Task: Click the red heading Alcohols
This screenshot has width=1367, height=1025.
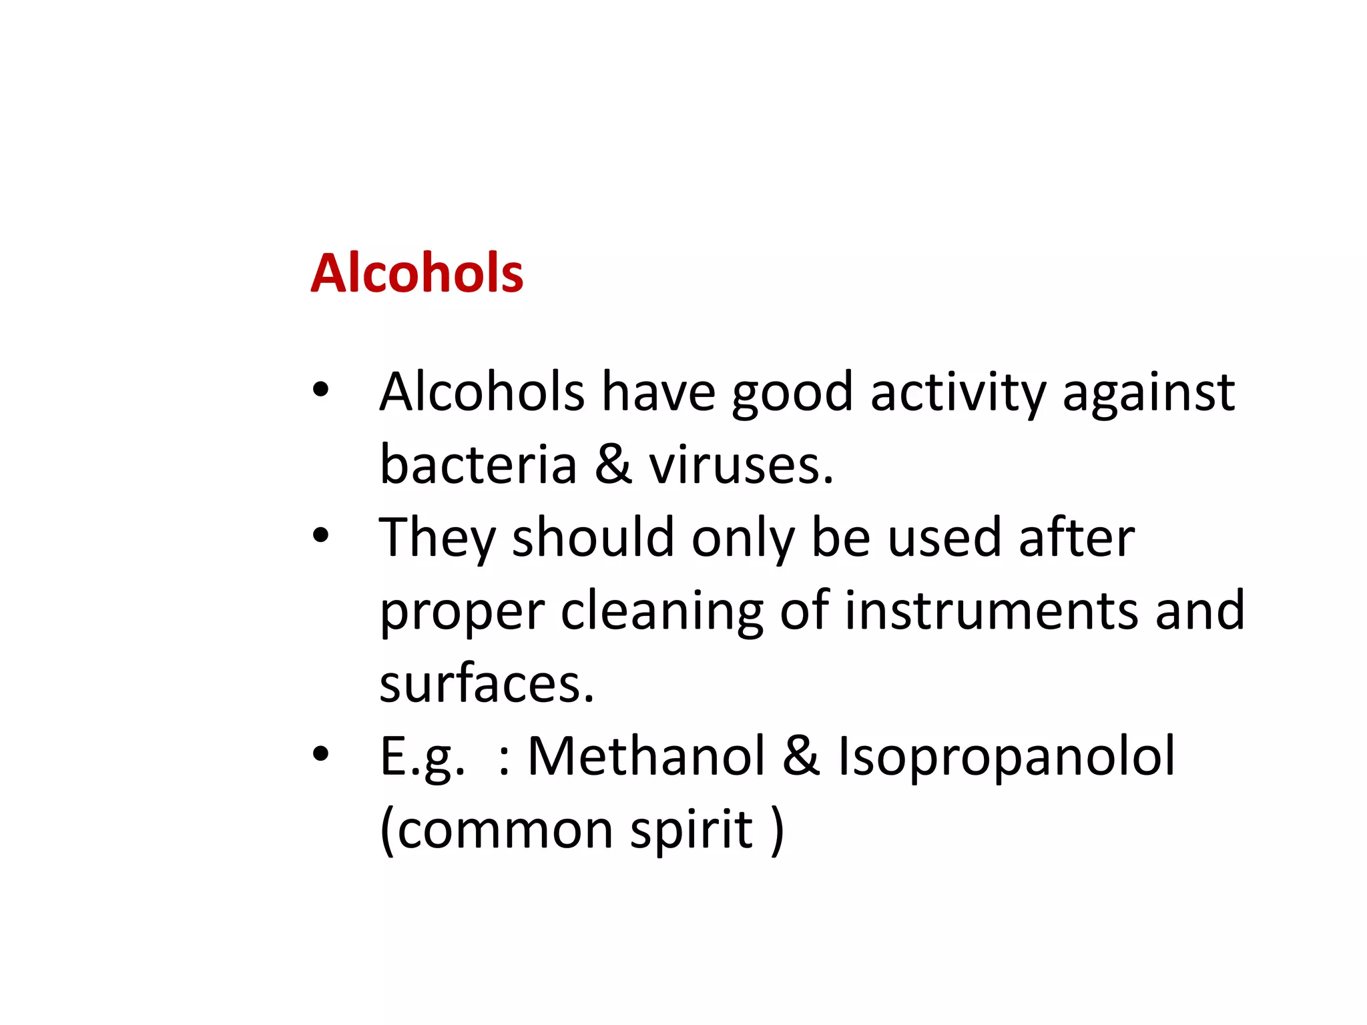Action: coord(417,273)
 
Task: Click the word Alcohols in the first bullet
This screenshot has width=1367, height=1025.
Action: coord(482,392)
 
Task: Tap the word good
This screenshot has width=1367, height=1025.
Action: coord(792,394)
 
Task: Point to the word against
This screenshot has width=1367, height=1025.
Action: coord(1148,394)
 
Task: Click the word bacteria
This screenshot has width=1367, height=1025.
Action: coord(478,464)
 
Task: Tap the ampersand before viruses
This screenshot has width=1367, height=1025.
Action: coord(613,464)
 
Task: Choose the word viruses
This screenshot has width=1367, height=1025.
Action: coord(741,464)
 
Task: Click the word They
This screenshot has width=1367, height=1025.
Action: coord(437,538)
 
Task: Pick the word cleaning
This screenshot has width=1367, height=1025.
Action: coord(661,611)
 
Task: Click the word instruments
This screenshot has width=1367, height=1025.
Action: coord(991,610)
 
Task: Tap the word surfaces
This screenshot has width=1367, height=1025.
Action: coord(487,683)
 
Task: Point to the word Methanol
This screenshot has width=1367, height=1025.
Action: coord(646,756)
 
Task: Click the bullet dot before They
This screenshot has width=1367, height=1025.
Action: coord(321,535)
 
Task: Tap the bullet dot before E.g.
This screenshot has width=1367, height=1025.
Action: coord(321,753)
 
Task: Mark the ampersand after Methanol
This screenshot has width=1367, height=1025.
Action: coord(802,756)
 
